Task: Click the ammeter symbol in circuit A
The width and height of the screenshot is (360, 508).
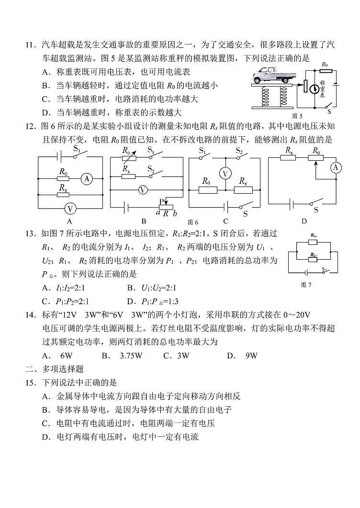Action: point(87,179)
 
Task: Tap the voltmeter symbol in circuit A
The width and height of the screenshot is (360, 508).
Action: point(70,209)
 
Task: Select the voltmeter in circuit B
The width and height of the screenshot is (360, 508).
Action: point(142,190)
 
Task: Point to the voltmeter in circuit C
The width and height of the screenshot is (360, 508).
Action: point(225,173)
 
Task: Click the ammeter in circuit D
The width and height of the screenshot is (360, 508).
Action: point(336,167)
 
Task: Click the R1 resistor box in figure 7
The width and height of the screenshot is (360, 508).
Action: point(313,242)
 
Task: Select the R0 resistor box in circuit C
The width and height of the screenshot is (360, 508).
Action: point(206,190)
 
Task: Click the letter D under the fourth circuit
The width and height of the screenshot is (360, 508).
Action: point(304,221)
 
